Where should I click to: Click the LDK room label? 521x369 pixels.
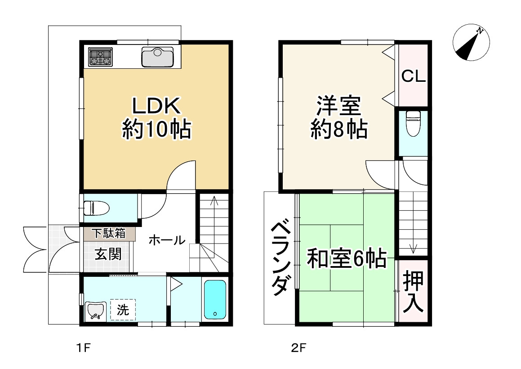click(156, 106)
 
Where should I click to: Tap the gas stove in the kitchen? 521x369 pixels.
click(100, 57)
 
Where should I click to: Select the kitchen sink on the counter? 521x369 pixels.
click(157, 57)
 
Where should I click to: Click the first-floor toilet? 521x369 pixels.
click(97, 208)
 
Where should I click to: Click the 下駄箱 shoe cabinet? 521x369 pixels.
click(108, 234)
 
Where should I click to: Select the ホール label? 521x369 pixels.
click(166, 240)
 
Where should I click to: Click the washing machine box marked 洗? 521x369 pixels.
click(123, 309)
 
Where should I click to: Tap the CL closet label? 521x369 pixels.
click(413, 76)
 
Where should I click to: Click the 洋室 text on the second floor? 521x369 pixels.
click(338, 107)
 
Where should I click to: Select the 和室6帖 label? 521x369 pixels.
click(347, 259)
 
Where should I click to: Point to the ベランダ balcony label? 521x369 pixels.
click(280, 258)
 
